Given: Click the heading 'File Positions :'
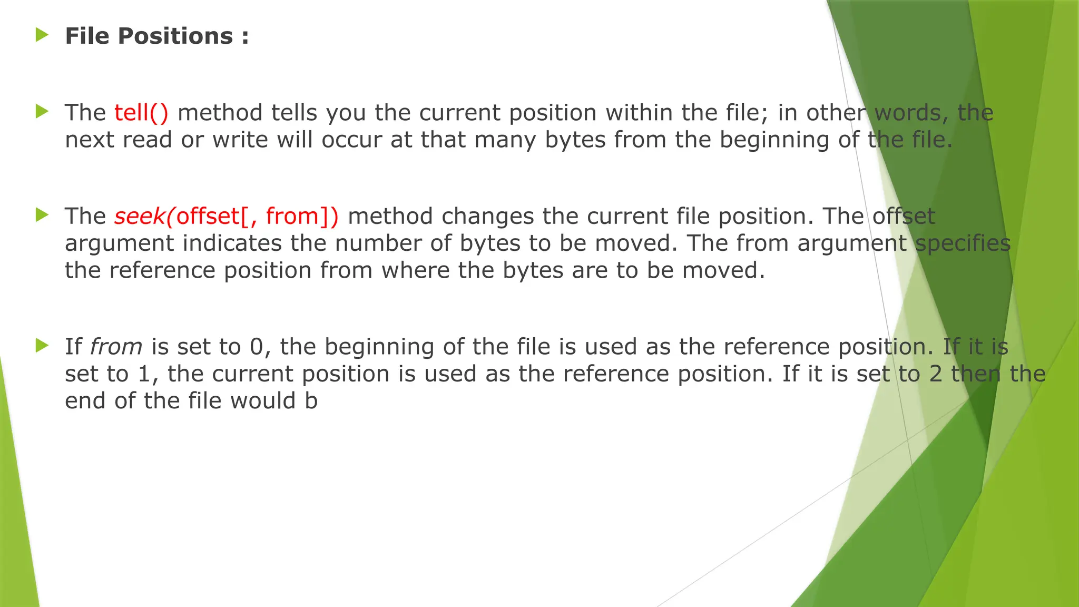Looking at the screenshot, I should tap(156, 36).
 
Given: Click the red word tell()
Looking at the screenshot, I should tap(141, 113).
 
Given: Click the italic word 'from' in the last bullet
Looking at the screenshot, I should tap(116, 347).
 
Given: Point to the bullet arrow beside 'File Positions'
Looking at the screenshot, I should tap(42, 35).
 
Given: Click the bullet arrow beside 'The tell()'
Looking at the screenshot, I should tap(42, 111).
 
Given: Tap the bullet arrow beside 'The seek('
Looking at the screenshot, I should tap(42, 214).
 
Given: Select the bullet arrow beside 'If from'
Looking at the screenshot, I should tap(42, 346).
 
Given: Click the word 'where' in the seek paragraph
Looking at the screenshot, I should tap(415, 270).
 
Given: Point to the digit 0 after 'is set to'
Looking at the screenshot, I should tap(256, 347).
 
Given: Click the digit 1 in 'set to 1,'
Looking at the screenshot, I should tap(144, 374).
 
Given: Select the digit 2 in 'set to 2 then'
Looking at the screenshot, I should tap(936, 374).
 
